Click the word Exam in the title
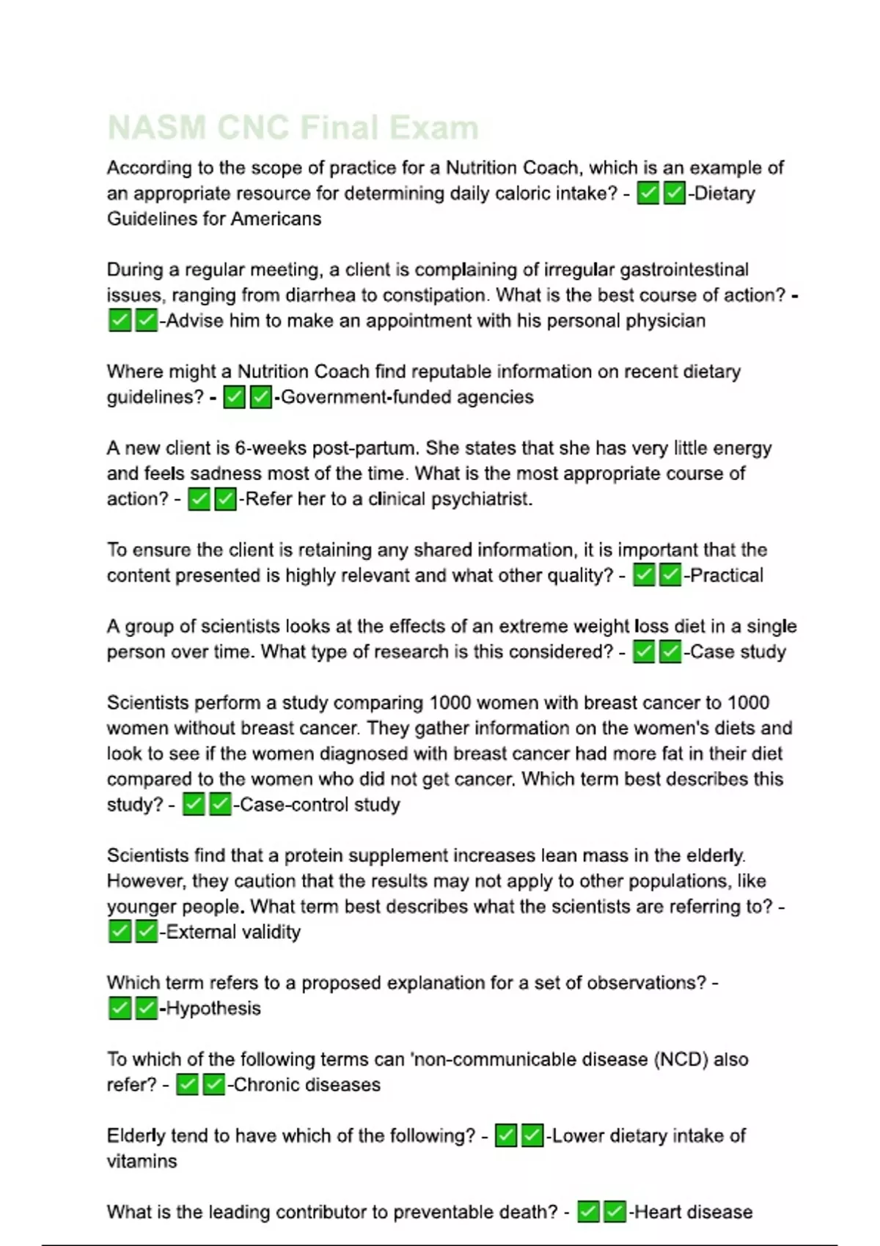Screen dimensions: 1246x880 pyautogui.click(x=433, y=128)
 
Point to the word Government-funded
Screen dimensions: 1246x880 pyautogui.click(x=364, y=397)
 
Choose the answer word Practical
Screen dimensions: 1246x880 pyautogui.click(x=727, y=575)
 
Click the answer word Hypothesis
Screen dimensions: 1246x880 pyautogui.click(x=213, y=1009)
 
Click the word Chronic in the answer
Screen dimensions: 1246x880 pyautogui.click(x=266, y=1085)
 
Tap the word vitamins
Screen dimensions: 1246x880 pyautogui.click(x=142, y=1162)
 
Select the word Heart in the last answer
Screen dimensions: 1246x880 pyautogui.click(x=656, y=1212)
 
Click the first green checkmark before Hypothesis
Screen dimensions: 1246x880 pyautogui.click(x=120, y=1009)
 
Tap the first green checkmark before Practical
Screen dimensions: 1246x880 pyautogui.click(x=644, y=575)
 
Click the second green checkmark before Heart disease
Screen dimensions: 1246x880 pyautogui.click(x=615, y=1212)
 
